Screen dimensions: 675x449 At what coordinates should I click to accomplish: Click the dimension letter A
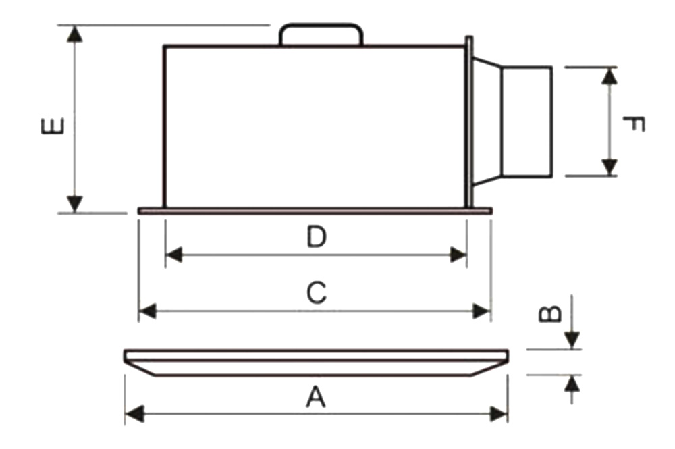click(x=316, y=397)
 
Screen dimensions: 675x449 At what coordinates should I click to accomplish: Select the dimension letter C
click(x=317, y=293)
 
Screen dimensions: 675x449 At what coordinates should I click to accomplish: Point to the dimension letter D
click(x=317, y=237)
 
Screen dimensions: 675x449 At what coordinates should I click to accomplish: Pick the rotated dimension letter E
click(x=53, y=126)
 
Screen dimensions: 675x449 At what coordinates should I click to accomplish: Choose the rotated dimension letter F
click(x=634, y=124)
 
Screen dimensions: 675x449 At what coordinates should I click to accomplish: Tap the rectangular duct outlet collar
click(x=527, y=122)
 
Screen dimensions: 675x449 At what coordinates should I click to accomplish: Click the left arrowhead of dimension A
click(x=134, y=414)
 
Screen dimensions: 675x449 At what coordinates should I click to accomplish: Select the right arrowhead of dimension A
click(x=499, y=414)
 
